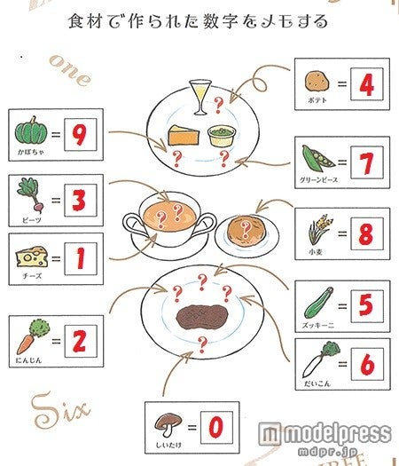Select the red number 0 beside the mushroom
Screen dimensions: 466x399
215,429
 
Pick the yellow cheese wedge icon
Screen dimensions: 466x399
29,257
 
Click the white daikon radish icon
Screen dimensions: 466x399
315,361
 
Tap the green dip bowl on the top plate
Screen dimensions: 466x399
221,136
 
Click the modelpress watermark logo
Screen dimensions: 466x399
324,437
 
